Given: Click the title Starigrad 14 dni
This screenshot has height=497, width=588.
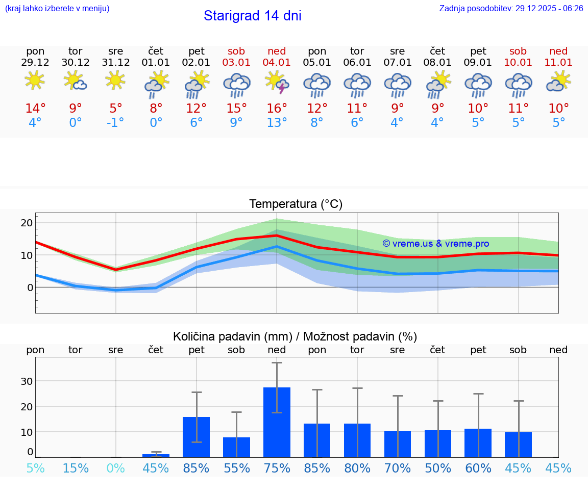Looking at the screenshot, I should (252, 16).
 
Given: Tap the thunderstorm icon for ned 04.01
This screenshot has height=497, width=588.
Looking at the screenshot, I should (277, 83).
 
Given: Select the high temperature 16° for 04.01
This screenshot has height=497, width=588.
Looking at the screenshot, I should (277, 109).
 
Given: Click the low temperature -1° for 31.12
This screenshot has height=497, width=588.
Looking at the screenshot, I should (115, 123).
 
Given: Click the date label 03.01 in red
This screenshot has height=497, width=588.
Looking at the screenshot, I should (236, 63).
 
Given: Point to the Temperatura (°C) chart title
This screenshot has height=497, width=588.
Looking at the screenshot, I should (296, 204).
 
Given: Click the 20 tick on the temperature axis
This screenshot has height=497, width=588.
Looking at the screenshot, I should (27, 223).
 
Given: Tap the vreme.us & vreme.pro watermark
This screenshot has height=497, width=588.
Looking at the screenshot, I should (435, 244).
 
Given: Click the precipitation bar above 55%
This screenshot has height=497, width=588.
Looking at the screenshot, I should (236, 447).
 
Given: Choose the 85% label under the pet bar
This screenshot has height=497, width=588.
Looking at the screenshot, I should (197, 468).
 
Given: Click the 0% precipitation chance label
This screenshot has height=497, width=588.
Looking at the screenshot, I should (115, 468).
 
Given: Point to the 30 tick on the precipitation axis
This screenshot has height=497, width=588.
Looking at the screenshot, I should (27, 381).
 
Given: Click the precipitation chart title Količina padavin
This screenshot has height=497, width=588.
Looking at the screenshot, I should (295, 336).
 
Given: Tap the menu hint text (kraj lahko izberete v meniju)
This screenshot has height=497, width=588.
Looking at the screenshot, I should (57, 8).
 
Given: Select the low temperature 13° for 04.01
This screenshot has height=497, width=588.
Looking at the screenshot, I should (277, 123).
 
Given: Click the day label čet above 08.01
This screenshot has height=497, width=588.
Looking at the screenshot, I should (437, 51).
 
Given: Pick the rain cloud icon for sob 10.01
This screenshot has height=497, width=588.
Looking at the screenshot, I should (518, 84).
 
